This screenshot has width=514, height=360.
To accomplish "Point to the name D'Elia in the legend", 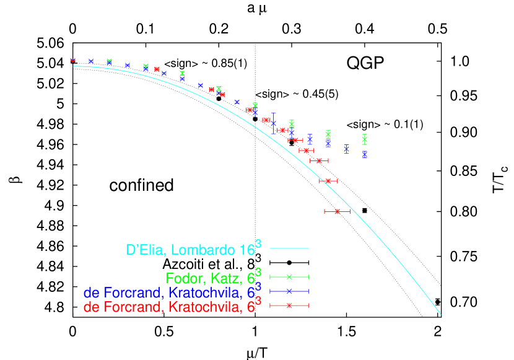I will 146,250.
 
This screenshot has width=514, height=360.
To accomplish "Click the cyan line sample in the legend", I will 289,248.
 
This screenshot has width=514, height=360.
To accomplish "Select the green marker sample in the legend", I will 289,277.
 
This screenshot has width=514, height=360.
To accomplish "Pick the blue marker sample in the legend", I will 289,291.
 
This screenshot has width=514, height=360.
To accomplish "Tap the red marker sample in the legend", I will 289,305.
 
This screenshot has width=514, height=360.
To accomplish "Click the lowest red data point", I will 337,211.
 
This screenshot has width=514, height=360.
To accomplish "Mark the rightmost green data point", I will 365,139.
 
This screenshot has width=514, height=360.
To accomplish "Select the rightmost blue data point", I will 365,154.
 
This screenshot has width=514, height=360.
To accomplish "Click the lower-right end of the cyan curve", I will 440,314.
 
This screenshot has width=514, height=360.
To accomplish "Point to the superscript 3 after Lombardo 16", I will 258,244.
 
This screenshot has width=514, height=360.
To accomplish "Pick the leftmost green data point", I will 109,61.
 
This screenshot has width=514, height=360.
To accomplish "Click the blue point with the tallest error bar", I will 273,123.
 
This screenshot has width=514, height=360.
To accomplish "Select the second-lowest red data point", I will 328,181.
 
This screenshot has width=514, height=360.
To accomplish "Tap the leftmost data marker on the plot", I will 72,61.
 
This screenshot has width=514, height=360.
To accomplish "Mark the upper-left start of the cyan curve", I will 74,66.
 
